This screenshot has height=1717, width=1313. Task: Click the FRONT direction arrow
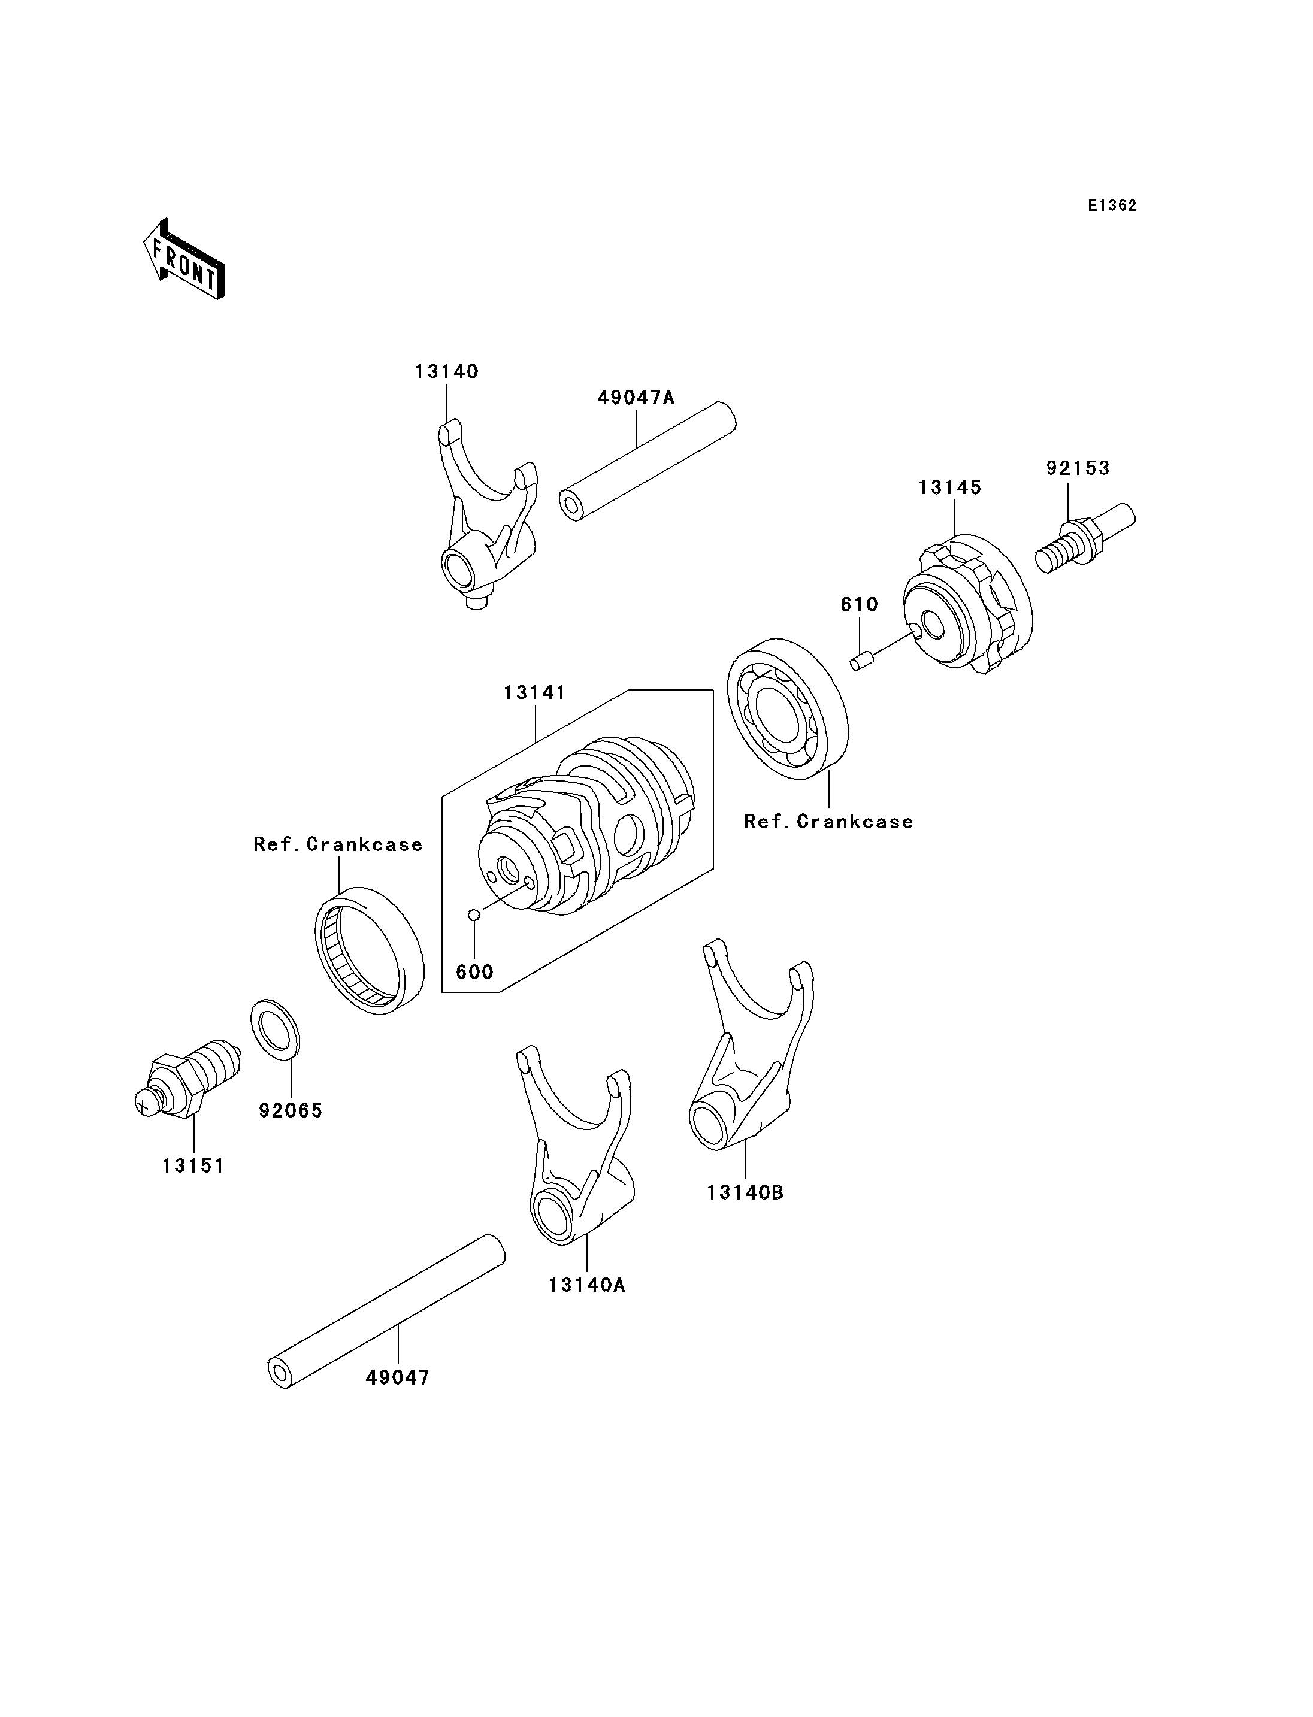tap(184, 261)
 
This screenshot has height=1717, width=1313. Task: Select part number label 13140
tap(446, 371)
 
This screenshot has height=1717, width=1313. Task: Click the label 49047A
tap(636, 397)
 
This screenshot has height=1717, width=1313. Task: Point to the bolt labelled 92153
tap(1085, 538)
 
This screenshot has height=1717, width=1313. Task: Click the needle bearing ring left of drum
tap(370, 950)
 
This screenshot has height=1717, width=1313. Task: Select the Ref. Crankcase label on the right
tap(828, 822)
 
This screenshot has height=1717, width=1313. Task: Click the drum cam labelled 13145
tap(967, 603)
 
